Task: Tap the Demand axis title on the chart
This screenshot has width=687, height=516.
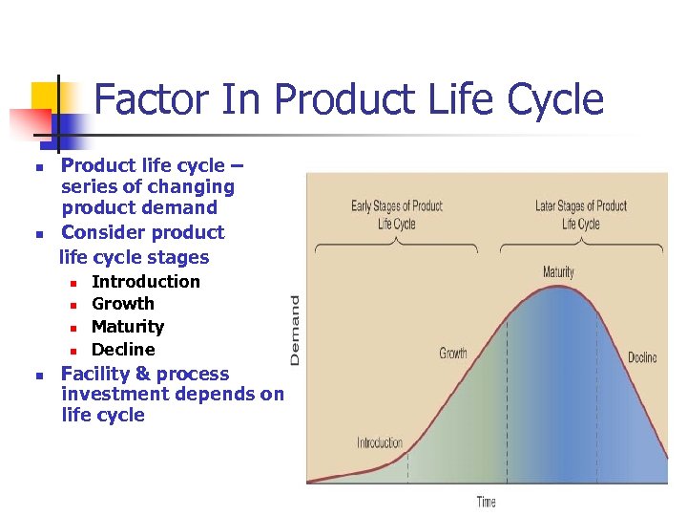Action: [295, 329]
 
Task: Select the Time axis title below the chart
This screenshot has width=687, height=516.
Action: [486, 502]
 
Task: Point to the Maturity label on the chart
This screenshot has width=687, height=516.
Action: [558, 272]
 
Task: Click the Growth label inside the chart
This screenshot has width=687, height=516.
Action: [453, 354]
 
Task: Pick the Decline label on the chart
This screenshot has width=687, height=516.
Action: [641, 358]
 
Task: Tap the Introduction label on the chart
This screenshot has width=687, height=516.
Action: [380, 442]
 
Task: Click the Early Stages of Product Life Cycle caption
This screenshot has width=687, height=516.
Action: [397, 215]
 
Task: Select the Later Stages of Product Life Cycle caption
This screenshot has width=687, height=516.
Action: [580, 215]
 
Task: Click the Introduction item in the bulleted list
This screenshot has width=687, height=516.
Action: [146, 282]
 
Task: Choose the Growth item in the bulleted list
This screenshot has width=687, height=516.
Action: [123, 304]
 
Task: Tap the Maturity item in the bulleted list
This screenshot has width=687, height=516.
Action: [128, 327]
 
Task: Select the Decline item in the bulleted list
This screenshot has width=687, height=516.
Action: [123, 350]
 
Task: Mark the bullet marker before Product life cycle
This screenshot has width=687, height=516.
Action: [38, 167]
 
